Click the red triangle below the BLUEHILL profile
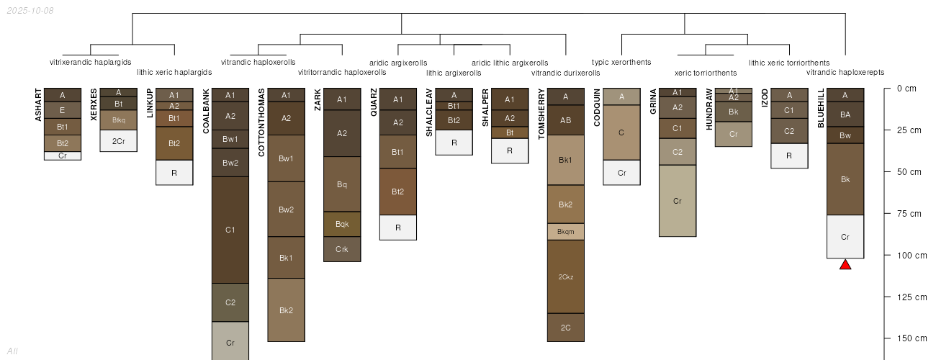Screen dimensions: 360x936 click(x=845, y=265)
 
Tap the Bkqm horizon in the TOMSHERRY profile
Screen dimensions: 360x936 click(x=566, y=232)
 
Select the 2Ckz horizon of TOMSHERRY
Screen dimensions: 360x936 click(x=566, y=276)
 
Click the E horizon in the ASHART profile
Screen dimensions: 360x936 click(x=63, y=110)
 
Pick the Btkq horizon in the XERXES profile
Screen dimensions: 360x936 click(x=119, y=120)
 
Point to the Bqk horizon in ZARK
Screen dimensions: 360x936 click(x=342, y=224)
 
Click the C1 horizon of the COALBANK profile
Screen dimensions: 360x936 click(x=230, y=230)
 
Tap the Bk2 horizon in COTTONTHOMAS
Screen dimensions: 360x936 click(x=286, y=310)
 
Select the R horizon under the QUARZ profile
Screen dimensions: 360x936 click(x=398, y=228)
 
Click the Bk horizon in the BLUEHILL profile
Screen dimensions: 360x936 click(x=845, y=179)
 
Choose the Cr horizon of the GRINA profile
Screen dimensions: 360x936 click(x=678, y=201)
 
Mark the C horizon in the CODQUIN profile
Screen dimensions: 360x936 click(x=622, y=132)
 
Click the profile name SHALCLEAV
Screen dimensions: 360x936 click(x=429, y=113)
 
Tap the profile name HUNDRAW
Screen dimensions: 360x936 click(x=709, y=109)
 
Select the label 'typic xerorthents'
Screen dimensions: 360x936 click(x=621, y=62)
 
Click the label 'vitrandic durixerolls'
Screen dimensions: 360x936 click(x=565, y=73)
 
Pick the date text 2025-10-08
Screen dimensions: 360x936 click(x=30, y=11)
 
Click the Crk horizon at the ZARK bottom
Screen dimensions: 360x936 click(x=342, y=249)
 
